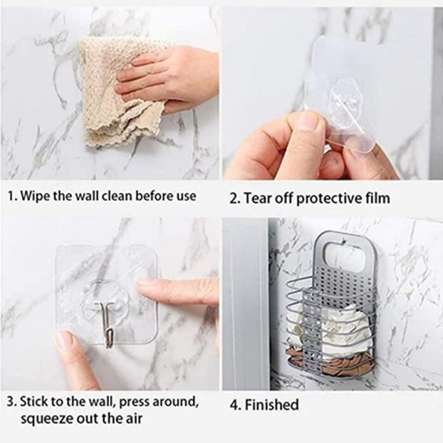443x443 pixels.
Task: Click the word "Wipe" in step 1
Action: (35, 196)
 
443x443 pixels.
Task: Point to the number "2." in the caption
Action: (236, 198)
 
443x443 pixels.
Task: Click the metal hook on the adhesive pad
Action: (108, 323)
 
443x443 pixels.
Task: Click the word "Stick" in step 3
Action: (35, 401)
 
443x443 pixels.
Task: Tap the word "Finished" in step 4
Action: (272, 405)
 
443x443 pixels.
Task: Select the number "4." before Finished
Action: (236, 405)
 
